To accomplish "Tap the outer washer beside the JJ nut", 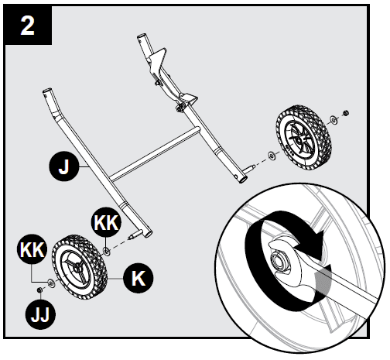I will (51, 283).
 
